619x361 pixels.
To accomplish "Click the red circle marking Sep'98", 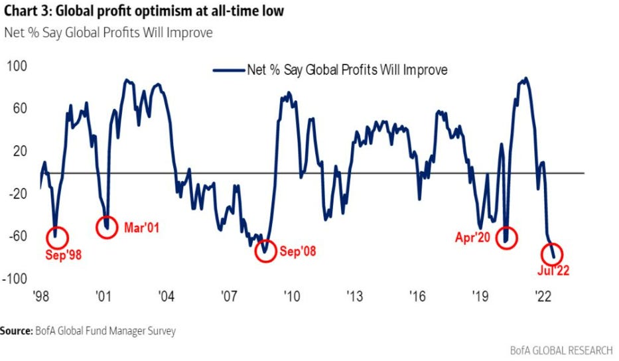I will (x=56, y=237).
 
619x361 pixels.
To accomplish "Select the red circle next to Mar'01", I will (x=107, y=226).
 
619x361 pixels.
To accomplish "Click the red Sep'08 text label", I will (x=298, y=252).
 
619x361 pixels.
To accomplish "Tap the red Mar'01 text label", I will (x=141, y=228).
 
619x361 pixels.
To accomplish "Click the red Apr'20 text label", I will (x=473, y=237).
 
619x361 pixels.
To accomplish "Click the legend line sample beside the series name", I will (x=228, y=69).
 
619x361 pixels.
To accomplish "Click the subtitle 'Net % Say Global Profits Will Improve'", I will (x=108, y=33).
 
